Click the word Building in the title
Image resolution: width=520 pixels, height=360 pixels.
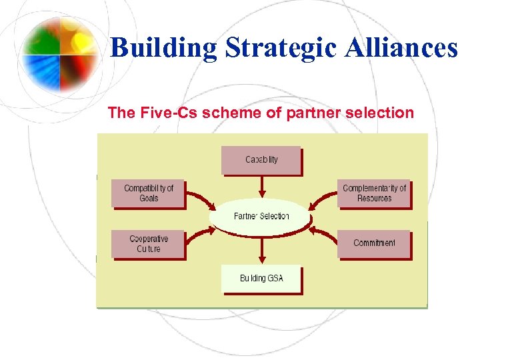pyautogui.click(x=163, y=48)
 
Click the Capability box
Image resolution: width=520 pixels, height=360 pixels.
pyautogui.click(x=261, y=160)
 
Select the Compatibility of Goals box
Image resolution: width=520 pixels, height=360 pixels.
pyautogui.click(x=148, y=193)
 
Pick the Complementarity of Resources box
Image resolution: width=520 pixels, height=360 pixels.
pyautogui.click(x=374, y=193)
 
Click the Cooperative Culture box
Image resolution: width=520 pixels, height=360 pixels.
pyautogui.click(x=148, y=244)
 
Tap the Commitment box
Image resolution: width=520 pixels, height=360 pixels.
pyautogui.click(x=374, y=243)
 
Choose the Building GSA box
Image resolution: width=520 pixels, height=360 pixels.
pyautogui.click(x=261, y=278)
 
